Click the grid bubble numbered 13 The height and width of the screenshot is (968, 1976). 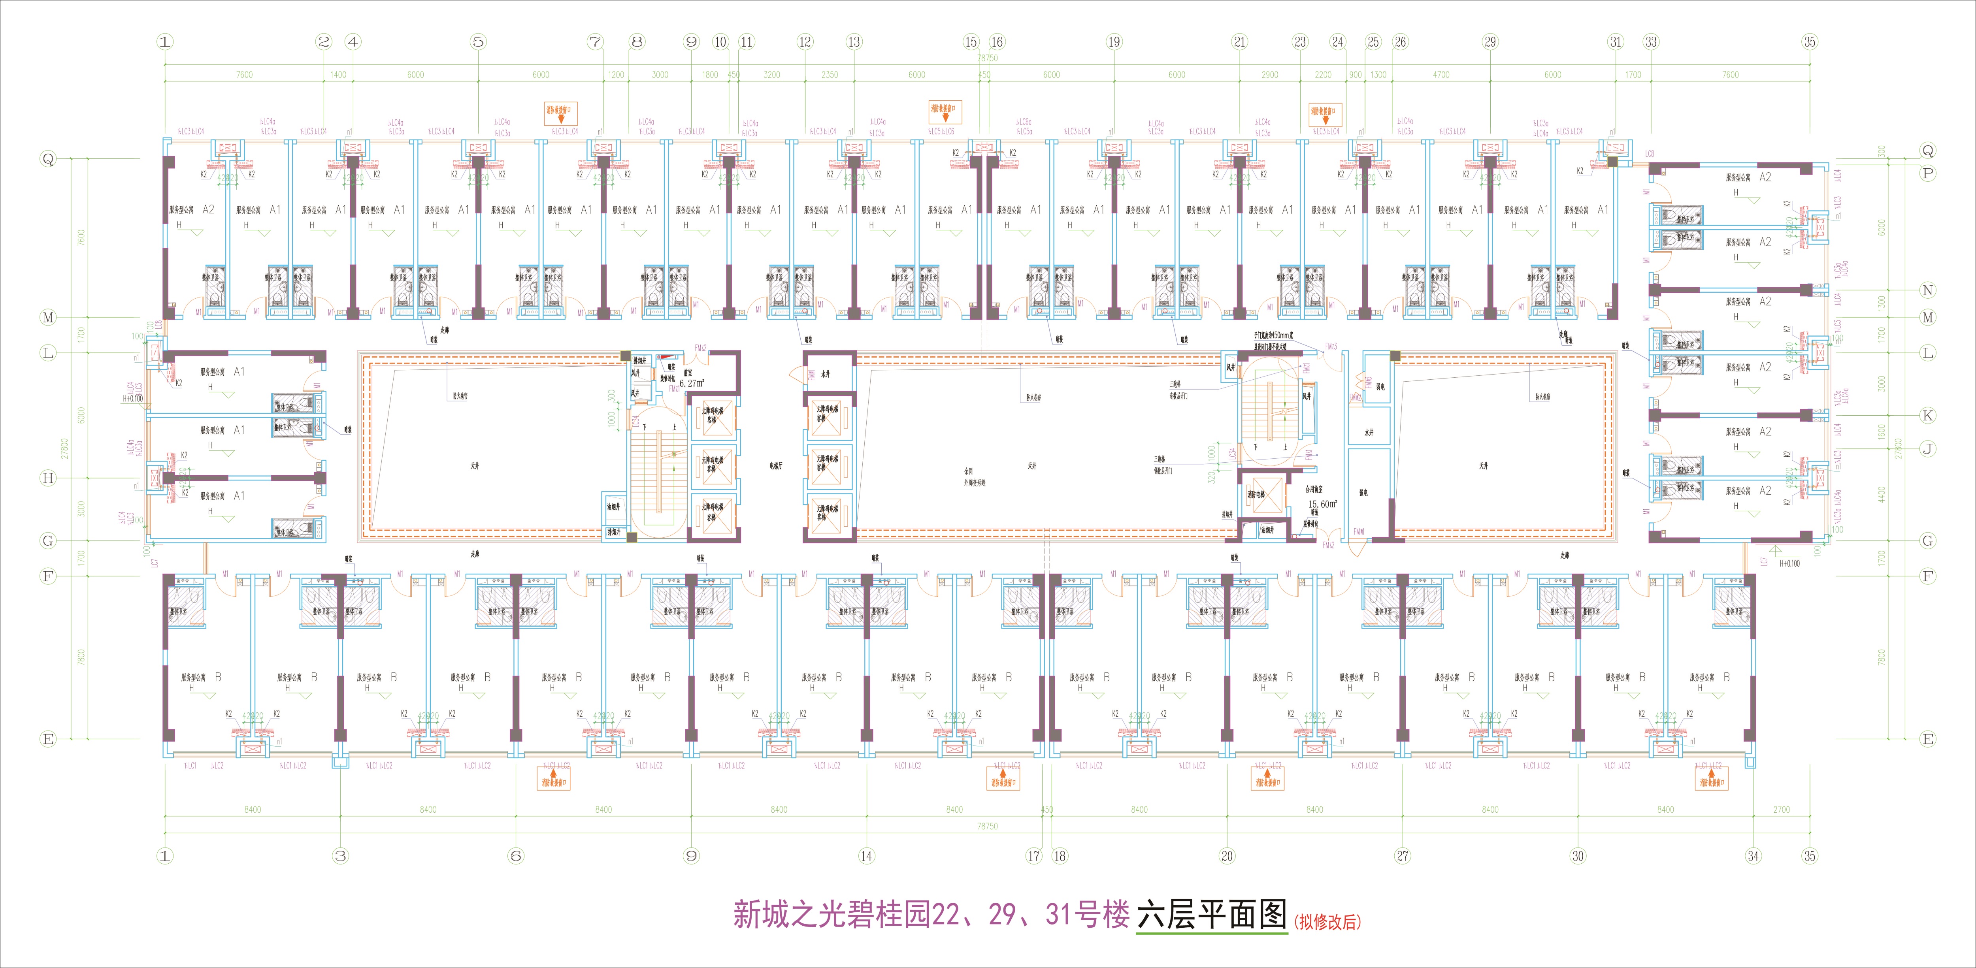854,42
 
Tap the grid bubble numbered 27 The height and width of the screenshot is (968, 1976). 1402,856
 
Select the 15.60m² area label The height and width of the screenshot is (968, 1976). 1322,504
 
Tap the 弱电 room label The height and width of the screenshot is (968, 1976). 1380,387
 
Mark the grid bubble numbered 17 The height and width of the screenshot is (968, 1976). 1034,856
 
